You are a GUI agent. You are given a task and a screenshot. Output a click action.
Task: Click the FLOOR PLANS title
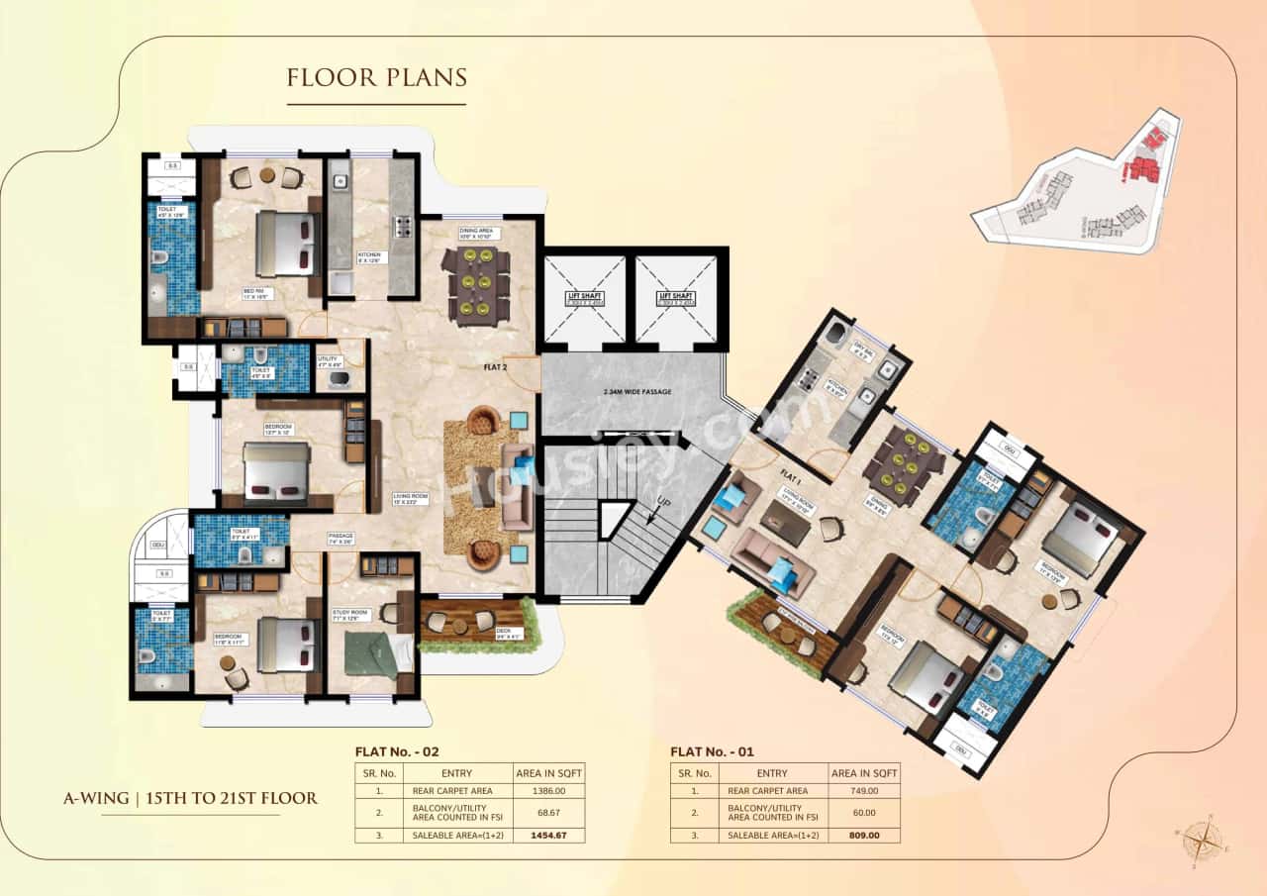tap(376, 77)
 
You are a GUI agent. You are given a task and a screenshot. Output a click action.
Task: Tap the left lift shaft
tap(584, 298)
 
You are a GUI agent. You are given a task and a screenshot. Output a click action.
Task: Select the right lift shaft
tap(676, 298)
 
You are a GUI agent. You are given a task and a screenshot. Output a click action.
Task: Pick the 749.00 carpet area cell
tap(864, 790)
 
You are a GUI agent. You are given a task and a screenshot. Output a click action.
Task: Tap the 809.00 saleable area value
tap(864, 835)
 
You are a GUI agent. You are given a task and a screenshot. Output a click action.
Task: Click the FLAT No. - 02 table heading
tap(402, 751)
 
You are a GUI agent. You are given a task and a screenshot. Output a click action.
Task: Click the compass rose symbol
tap(1201, 843)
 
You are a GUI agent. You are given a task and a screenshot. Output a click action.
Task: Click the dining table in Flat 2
tap(476, 285)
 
